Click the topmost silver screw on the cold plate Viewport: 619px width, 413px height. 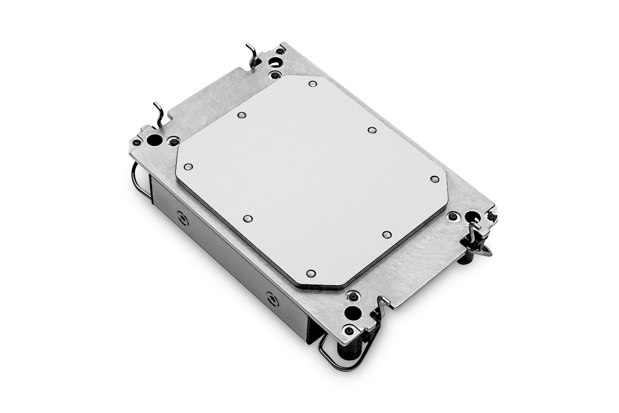(312, 84)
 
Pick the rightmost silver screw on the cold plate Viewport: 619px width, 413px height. (433, 178)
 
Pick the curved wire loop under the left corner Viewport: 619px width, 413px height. (138, 174)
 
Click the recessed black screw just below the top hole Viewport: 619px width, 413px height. (275, 74)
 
